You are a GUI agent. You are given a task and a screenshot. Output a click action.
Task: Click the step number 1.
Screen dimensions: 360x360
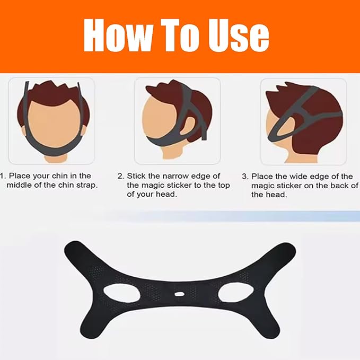tap(2, 175)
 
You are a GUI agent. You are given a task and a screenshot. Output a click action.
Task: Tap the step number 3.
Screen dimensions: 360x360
tap(244, 176)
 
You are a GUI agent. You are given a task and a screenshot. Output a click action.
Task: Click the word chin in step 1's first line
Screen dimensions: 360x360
tap(60, 175)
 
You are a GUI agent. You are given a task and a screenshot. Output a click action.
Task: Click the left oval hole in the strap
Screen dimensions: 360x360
tap(121, 293)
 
